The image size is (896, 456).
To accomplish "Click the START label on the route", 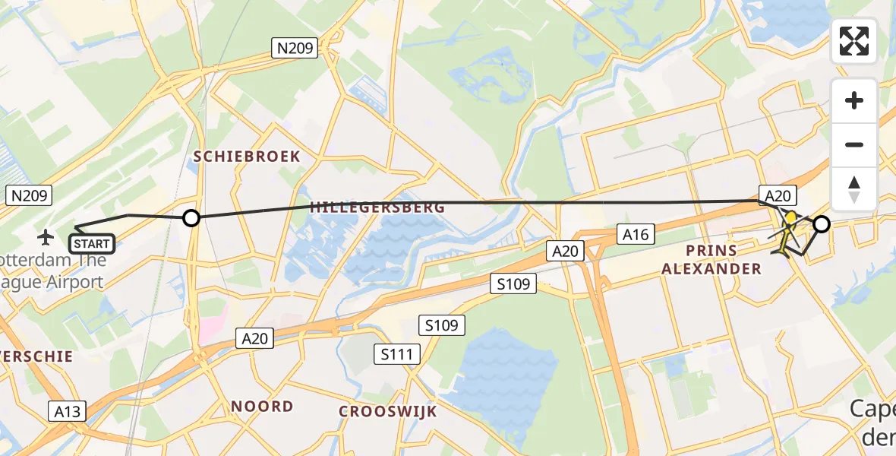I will pyautogui.click(x=92, y=245).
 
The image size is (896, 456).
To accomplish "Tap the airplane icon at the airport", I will pyautogui.click(x=46, y=238).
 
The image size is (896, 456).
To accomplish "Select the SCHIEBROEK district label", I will pyautogui.click(x=247, y=157).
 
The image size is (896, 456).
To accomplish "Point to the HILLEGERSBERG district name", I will pyautogui.click(x=377, y=207).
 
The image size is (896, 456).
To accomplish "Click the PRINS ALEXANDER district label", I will pyautogui.click(x=711, y=259).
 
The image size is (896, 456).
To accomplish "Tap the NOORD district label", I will pyautogui.click(x=262, y=407).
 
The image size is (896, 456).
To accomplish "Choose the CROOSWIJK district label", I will pyautogui.click(x=387, y=411).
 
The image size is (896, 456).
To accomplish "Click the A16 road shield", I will pyautogui.click(x=636, y=234).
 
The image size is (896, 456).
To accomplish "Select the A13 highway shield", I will pyautogui.click(x=68, y=411).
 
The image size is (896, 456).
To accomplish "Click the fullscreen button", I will pyautogui.click(x=854, y=41).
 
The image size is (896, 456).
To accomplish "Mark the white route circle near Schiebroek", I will pyautogui.click(x=191, y=218).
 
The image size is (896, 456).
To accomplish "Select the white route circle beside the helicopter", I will pyautogui.click(x=822, y=223).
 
